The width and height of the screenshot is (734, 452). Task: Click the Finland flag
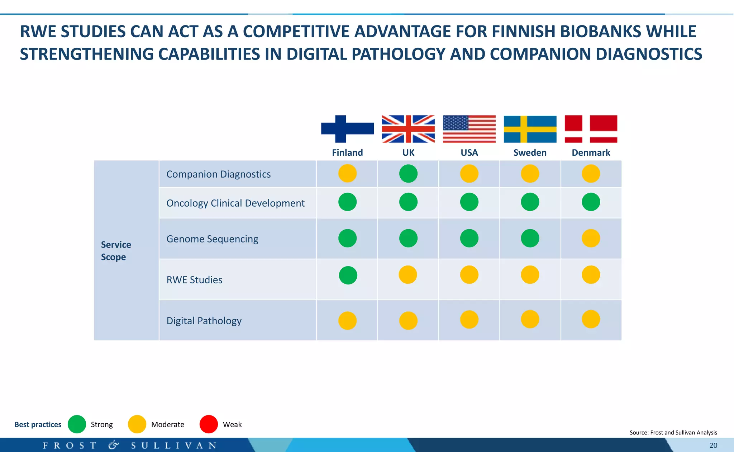pyautogui.click(x=347, y=129)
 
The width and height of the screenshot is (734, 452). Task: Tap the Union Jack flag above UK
pyautogui.click(x=408, y=129)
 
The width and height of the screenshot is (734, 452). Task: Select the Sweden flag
pyautogui.click(x=530, y=129)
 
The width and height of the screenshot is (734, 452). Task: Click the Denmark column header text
pyautogui.click(x=591, y=152)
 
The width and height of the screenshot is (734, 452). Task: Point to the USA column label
pyautogui.click(x=469, y=152)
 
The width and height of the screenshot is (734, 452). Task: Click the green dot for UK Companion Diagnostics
pyautogui.click(x=408, y=174)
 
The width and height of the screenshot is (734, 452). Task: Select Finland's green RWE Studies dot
pyautogui.click(x=348, y=276)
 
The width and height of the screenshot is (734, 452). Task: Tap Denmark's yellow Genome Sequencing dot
pyautogui.click(x=591, y=238)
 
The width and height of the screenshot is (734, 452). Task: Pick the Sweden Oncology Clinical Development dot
pyautogui.click(x=530, y=202)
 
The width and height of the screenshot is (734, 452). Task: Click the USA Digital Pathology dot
pyautogui.click(x=469, y=319)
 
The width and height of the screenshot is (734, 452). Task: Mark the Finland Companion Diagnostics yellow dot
pyautogui.click(x=347, y=174)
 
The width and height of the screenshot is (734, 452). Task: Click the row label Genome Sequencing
pyautogui.click(x=212, y=239)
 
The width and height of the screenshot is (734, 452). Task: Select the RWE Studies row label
pyautogui.click(x=194, y=280)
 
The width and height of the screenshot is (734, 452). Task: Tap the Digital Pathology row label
pyautogui.click(x=204, y=321)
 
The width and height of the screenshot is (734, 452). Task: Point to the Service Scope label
pyautogui.click(x=116, y=251)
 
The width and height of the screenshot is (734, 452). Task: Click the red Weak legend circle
pyautogui.click(x=209, y=424)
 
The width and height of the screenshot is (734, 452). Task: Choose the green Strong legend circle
pyautogui.click(x=77, y=424)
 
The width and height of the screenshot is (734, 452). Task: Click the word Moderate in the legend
pyautogui.click(x=167, y=425)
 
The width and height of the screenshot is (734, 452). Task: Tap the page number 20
pyautogui.click(x=713, y=446)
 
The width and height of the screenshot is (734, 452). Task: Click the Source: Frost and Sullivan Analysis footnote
pyautogui.click(x=673, y=433)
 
